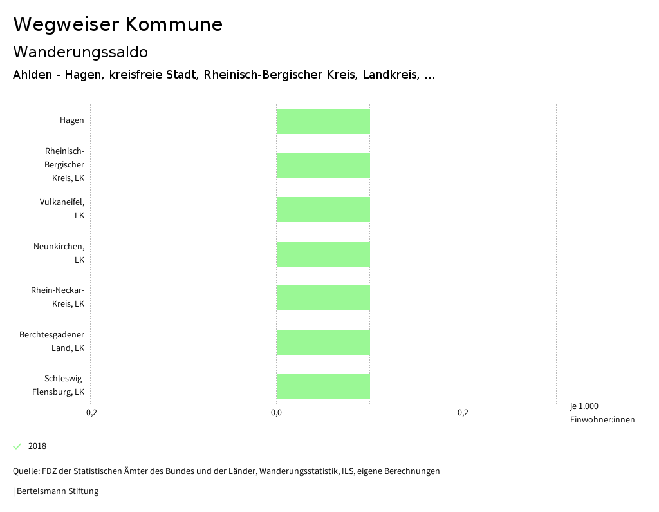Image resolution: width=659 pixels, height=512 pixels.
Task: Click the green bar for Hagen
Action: point(323,122)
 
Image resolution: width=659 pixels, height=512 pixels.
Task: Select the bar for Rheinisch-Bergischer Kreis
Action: point(323,166)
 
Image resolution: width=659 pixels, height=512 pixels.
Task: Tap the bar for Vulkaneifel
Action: point(323,210)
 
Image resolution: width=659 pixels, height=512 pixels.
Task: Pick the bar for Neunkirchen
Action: point(323,254)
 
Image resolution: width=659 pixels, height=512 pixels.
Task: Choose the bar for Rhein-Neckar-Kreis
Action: point(323,298)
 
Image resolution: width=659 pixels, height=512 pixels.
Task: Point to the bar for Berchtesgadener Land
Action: point(323,342)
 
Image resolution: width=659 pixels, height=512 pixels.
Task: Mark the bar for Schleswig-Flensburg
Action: point(323,386)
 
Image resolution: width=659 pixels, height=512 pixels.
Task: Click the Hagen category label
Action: point(71,120)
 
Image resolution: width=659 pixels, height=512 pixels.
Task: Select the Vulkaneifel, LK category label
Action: point(62,209)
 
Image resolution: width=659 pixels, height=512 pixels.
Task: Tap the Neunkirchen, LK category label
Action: point(59,253)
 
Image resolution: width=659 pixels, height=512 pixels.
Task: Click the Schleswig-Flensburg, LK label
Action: point(59,385)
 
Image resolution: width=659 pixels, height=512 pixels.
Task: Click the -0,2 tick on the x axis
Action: point(91,413)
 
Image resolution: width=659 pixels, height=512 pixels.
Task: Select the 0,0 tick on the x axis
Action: point(276,413)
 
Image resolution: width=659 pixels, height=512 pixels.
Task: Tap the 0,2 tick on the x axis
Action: point(463,413)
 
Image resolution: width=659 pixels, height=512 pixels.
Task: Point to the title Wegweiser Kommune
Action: point(118,24)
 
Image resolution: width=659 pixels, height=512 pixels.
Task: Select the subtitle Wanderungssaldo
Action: point(80,52)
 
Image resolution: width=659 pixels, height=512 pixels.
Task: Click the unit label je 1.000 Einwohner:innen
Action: point(602,413)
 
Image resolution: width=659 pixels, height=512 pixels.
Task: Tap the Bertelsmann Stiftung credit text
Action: point(57,491)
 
